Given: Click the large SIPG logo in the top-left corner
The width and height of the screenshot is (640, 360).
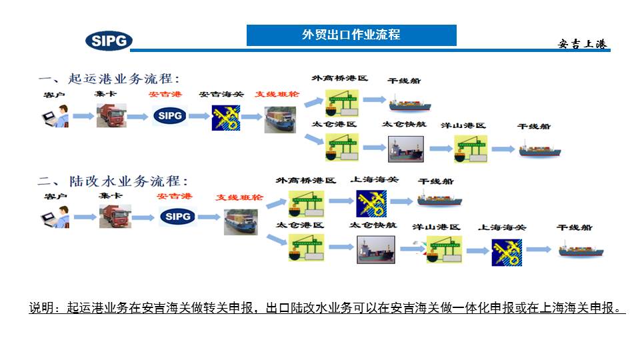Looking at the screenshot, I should (109, 41).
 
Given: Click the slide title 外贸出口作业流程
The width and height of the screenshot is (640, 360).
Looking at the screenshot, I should (351, 35).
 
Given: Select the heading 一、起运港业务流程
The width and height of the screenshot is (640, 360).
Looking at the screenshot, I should (109, 78).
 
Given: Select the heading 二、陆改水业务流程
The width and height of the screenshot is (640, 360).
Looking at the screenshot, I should (113, 181).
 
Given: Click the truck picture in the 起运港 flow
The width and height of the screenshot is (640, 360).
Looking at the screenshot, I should (111, 115).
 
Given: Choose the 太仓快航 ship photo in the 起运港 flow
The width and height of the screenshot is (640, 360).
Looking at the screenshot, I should (405, 149).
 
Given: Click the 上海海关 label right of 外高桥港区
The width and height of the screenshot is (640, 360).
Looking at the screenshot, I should (375, 180).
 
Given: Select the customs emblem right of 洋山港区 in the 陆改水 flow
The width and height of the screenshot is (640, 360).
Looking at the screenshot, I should (507, 252).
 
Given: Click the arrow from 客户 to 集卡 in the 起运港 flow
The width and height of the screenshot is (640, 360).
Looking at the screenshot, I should (83, 116).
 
